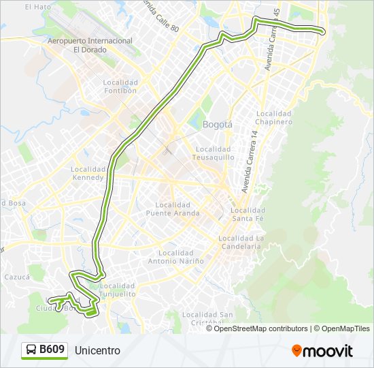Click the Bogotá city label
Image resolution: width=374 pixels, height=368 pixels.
(x=218, y=125)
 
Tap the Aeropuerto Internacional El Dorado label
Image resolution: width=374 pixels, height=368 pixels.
(x=90, y=45)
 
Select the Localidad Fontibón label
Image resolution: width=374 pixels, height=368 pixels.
(x=120, y=86)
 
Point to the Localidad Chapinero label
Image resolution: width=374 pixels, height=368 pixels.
(x=274, y=117)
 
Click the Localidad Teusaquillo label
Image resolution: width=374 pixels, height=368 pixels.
(x=215, y=153)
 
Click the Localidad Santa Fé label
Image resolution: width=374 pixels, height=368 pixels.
(x=248, y=214)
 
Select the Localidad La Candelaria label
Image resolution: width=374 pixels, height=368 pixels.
(x=240, y=243)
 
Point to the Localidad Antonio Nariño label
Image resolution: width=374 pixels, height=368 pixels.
(x=175, y=256)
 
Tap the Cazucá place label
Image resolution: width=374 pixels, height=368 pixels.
(x=17, y=277)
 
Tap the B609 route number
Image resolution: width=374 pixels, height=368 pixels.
(x=52, y=350)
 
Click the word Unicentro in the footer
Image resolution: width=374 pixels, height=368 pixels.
(x=97, y=351)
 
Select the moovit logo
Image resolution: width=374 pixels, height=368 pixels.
(x=322, y=351)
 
